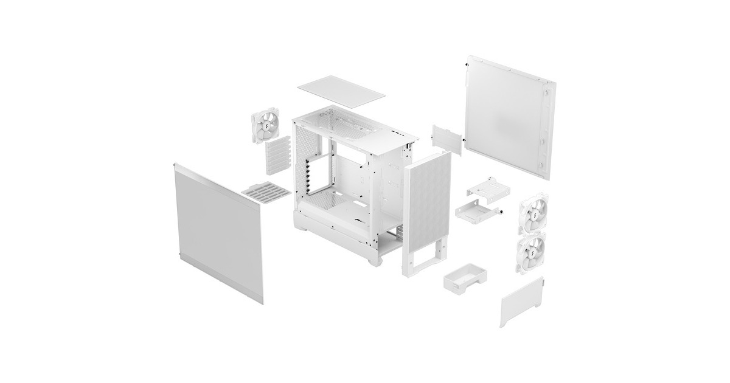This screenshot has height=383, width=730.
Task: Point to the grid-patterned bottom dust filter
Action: pyautogui.click(x=266, y=193)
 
